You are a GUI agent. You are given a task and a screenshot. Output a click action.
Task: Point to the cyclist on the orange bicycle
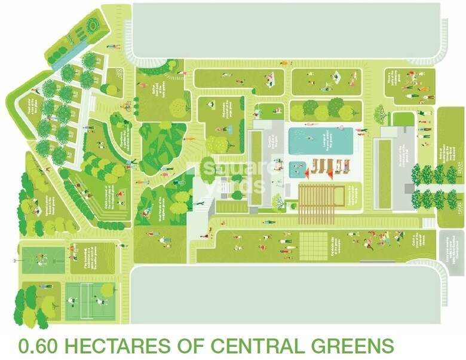[x=126, y=106]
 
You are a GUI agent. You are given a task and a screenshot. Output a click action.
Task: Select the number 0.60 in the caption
[x=38, y=346]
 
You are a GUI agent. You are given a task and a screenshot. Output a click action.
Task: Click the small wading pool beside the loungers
[x=296, y=169]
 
